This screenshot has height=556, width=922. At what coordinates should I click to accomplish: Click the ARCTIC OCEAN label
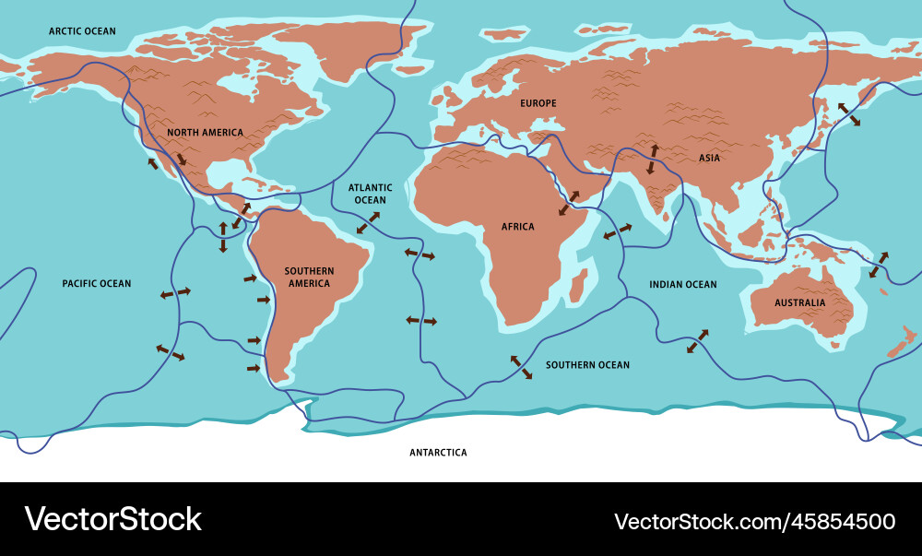(82, 31)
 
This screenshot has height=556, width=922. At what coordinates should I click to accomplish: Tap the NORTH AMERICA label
(205, 133)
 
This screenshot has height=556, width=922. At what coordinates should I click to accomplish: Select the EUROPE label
(538, 103)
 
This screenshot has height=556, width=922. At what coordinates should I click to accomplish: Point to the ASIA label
(709, 158)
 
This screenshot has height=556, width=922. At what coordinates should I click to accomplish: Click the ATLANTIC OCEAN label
(370, 194)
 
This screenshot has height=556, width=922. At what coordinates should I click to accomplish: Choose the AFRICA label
(517, 227)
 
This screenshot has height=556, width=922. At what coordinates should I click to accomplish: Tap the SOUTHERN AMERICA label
(309, 278)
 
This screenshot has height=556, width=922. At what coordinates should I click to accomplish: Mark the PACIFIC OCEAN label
(97, 284)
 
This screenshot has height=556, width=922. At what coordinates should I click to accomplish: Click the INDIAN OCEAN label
(682, 285)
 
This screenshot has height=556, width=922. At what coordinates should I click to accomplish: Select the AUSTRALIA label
(799, 302)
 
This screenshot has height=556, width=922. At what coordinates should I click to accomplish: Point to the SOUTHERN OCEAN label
(587, 365)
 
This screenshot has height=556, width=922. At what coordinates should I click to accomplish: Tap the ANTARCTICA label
(438, 453)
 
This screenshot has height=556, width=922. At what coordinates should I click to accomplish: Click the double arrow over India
(653, 159)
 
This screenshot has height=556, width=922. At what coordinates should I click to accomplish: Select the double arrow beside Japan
(848, 115)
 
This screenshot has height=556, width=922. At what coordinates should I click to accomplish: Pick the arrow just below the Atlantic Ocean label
(368, 222)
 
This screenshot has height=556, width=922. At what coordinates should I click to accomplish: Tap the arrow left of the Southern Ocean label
(521, 366)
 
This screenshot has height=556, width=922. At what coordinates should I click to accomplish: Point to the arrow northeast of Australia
(879, 265)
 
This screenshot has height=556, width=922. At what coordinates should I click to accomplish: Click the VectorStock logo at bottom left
(112, 519)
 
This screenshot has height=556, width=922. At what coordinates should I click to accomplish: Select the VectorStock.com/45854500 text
(754, 521)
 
